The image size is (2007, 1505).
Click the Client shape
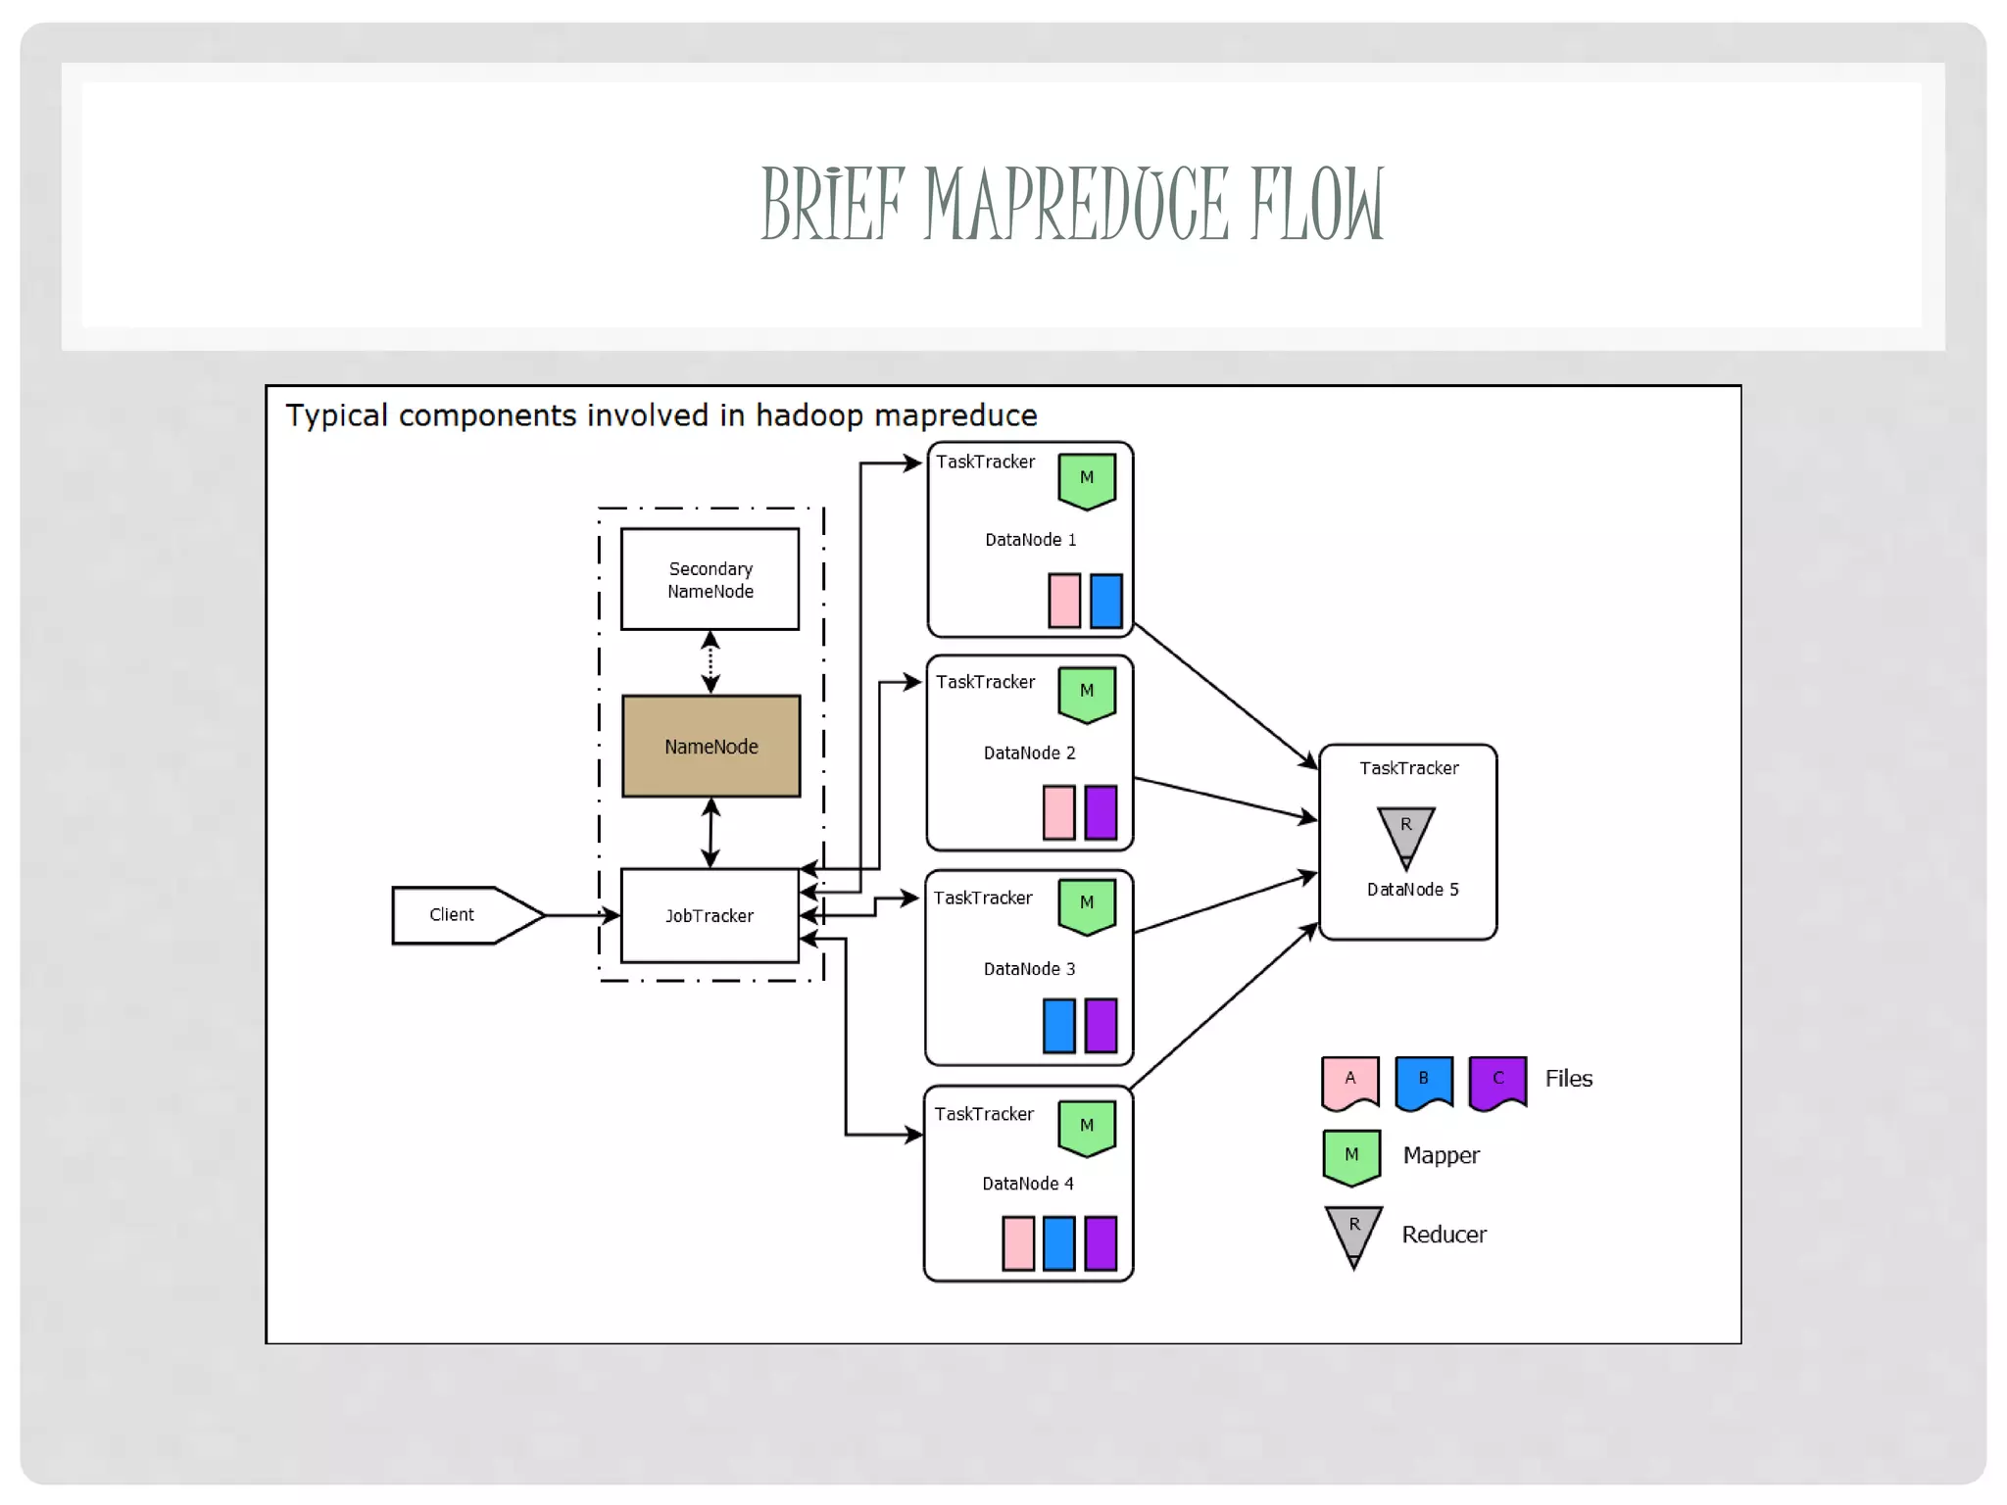point(461,915)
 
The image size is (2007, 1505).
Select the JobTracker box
point(710,915)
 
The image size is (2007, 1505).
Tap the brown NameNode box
point(711,747)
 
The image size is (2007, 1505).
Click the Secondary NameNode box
point(710,580)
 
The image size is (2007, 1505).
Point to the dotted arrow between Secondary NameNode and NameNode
point(711,662)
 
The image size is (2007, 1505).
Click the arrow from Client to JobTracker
point(582,915)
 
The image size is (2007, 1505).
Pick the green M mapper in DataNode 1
point(1087,480)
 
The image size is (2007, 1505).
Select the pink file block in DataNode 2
point(1058,812)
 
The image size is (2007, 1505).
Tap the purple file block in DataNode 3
point(1101,1026)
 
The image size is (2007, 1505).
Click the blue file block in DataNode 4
point(1059,1243)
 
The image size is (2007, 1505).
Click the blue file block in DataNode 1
point(1106,601)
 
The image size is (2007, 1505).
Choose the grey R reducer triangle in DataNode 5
point(1406,833)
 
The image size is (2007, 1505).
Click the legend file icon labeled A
point(1349,1082)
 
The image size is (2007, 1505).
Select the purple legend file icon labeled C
point(1497,1082)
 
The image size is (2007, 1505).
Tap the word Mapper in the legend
point(1441,1156)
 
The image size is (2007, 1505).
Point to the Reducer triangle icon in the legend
point(1353,1233)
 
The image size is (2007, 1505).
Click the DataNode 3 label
point(1029,969)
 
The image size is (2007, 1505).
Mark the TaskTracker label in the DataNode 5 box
point(1408,768)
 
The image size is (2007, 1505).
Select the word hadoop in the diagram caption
point(809,415)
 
